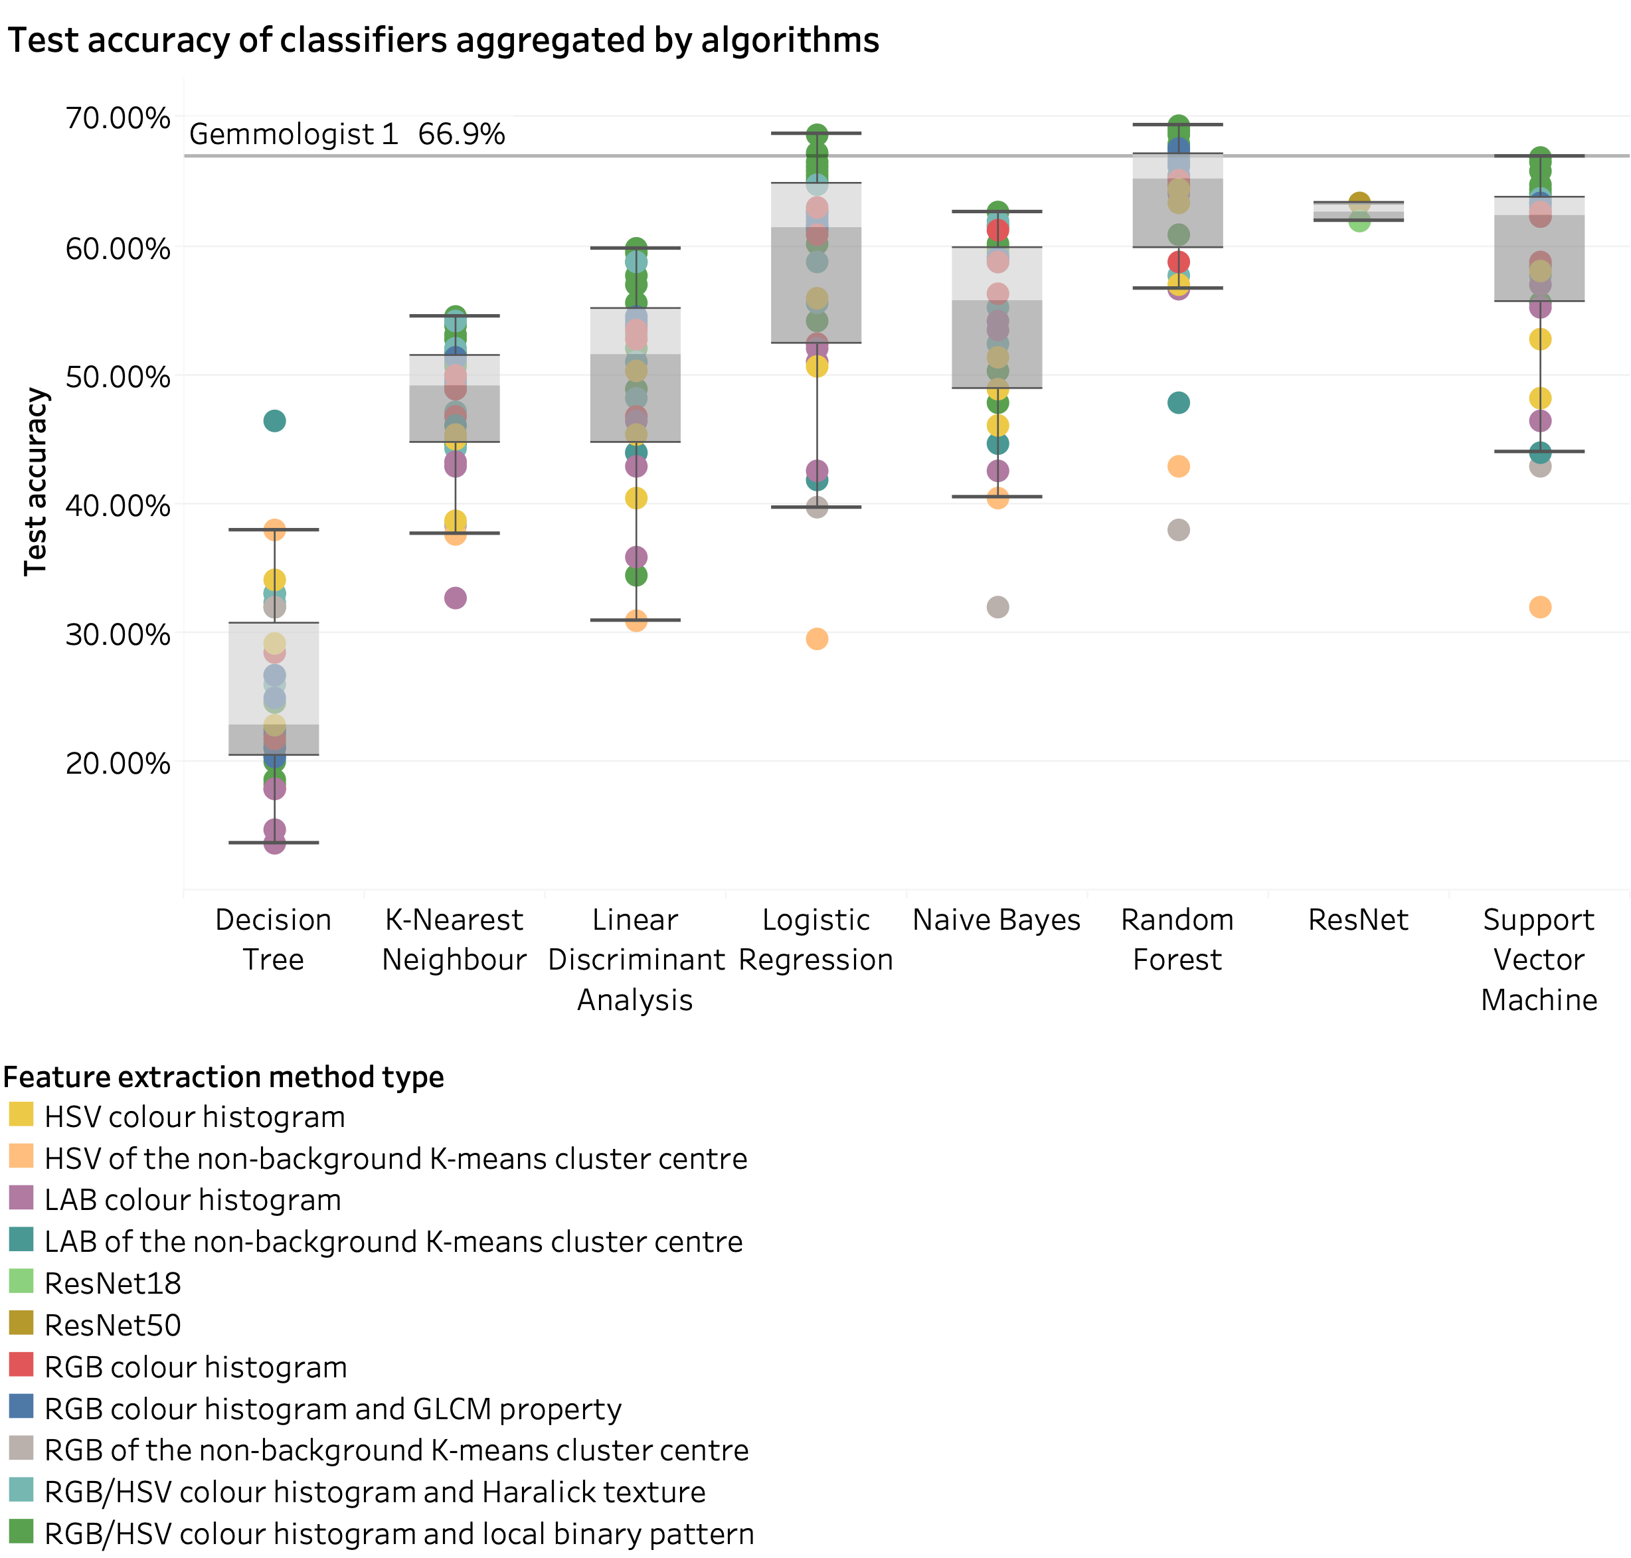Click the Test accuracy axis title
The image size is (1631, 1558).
tap(36, 481)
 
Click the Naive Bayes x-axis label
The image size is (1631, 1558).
tap(997, 919)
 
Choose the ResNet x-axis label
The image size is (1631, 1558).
tap(1358, 919)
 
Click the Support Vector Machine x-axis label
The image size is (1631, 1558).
tap(1539, 959)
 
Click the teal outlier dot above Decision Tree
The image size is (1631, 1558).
tap(274, 421)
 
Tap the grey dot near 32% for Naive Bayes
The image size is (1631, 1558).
tap(997, 607)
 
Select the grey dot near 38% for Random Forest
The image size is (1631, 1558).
tap(1178, 530)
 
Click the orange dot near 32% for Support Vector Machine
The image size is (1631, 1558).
tap(1539, 607)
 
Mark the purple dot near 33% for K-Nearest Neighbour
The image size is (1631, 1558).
tap(455, 598)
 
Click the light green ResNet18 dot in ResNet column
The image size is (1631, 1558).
tap(1359, 221)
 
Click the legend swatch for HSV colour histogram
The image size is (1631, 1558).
tap(21, 1114)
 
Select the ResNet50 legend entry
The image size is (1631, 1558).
tap(112, 1325)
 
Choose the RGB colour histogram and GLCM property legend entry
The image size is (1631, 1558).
tap(332, 1409)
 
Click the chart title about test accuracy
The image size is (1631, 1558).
tap(444, 40)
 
